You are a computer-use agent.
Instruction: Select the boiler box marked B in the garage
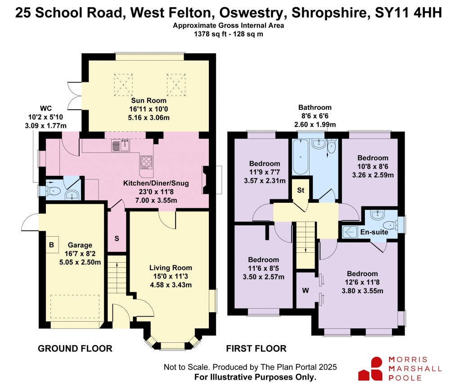(x=51, y=245)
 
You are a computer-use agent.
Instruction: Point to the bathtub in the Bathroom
(x=301, y=157)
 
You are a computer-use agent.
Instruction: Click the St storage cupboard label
(x=300, y=190)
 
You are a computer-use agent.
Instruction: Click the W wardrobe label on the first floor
(x=305, y=290)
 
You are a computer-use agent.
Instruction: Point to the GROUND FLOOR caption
(x=75, y=348)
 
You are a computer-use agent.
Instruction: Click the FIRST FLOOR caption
(x=256, y=348)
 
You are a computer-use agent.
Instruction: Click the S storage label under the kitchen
(x=117, y=238)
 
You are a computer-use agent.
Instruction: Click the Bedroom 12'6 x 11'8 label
(x=362, y=273)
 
